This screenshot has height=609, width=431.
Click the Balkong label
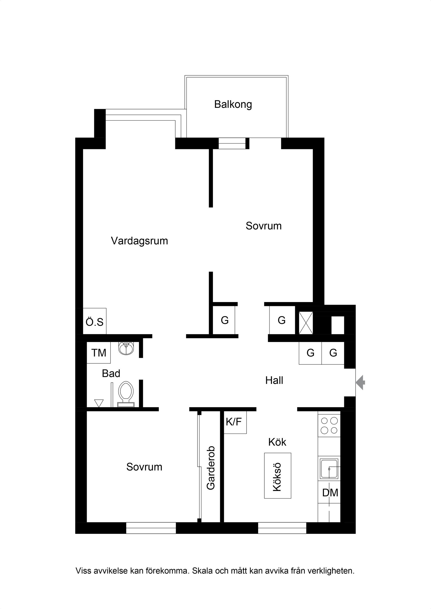coord(233,104)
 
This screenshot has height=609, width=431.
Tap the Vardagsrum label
coord(139,241)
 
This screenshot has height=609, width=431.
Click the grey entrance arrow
coord(360,382)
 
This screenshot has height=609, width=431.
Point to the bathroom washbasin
coord(126,348)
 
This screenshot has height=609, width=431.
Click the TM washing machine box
coord(98,353)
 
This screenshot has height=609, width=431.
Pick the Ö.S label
coord(95,322)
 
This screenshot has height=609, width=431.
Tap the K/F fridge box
coord(234,422)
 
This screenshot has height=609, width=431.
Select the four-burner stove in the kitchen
coord(329,425)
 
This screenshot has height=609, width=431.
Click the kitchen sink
coord(329,469)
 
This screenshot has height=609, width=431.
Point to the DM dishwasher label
coord(330,493)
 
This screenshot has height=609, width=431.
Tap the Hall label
coord(274,380)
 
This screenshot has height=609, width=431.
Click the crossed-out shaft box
coord(306,323)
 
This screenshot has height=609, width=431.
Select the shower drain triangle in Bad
coord(99,403)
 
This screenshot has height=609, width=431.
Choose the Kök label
coord(277,442)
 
